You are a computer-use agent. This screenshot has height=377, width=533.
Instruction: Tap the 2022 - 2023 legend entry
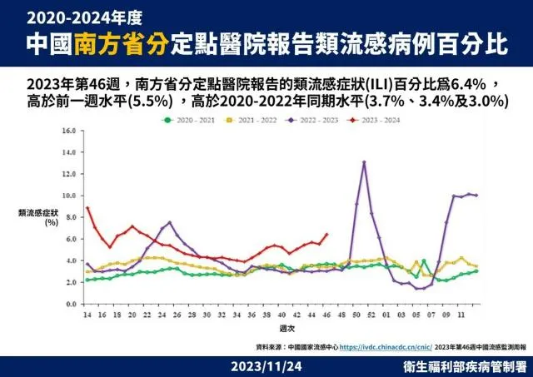click(x=326, y=120)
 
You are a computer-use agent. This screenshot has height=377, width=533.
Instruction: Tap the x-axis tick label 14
click(x=87, y=314)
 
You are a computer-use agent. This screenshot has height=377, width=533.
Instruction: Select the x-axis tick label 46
click(x=326, y=314)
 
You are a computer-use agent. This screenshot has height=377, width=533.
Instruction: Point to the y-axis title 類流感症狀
click(x=37, y=213)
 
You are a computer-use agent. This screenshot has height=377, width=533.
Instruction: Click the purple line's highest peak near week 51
click(x=364, y=162)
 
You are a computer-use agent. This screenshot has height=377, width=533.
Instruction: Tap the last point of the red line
click(x=326, y=235)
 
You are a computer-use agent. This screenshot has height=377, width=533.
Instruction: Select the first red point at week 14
click(x=87, y=208)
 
